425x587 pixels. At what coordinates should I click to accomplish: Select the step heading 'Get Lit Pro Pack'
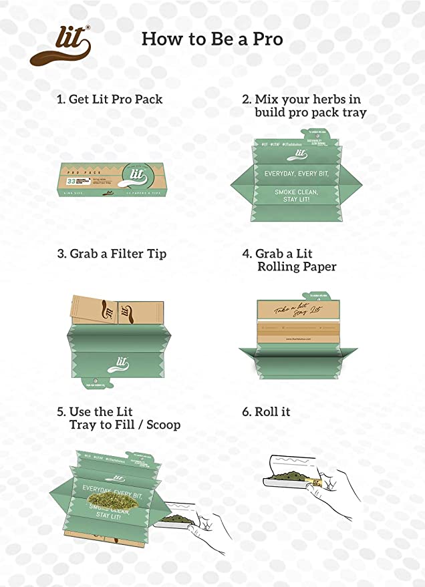tap(110, 100)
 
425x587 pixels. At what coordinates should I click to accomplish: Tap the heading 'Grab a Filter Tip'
tap(112, 254)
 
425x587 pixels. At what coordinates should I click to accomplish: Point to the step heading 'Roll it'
tap(266, 412)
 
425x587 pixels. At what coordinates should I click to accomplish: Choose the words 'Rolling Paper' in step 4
tap(297, 267)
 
